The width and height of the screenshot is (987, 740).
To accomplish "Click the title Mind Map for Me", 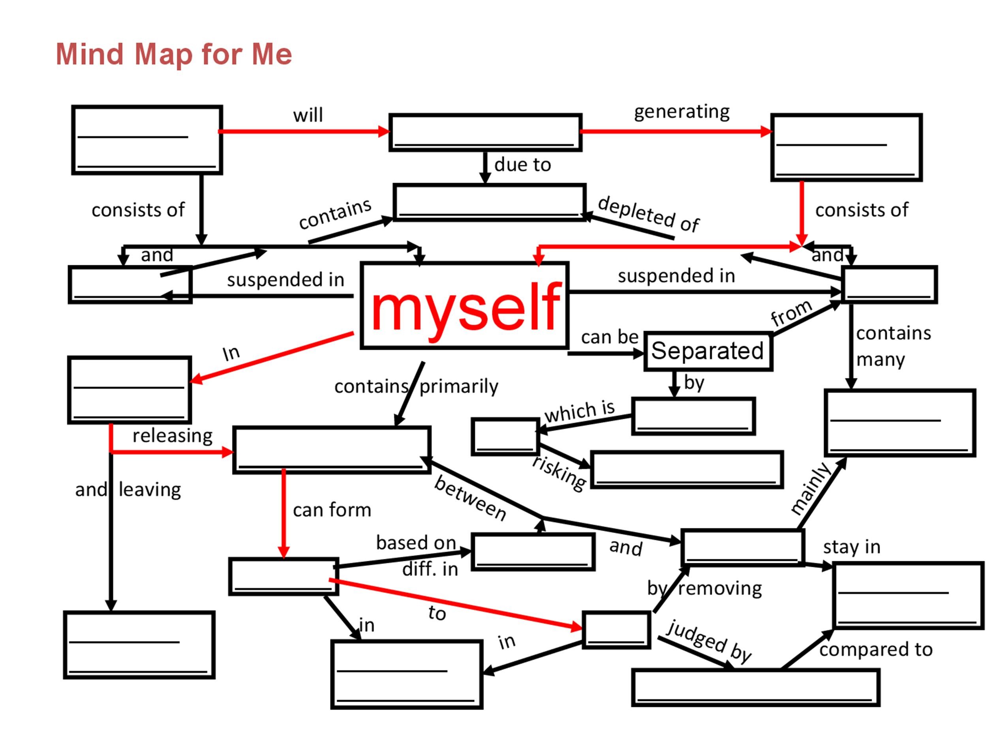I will coord(174,54).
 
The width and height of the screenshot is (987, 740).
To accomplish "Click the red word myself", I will coord(465,307).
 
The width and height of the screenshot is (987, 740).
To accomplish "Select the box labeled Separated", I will coord(707,350).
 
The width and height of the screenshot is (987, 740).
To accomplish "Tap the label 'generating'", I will coord(681,112).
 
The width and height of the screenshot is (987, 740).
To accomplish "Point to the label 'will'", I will coord(308,116).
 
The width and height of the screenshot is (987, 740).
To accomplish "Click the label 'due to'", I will coord(522,165).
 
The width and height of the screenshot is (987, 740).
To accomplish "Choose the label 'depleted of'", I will coord(648,214).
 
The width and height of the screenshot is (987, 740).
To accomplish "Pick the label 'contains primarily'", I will coord(416,386).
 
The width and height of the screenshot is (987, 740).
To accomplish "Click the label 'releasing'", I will coord(172,436).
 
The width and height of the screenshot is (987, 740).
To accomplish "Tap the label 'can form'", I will coord(332,510).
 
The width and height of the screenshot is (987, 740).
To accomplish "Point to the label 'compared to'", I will coord(875,650).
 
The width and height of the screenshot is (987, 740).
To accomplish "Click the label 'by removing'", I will coord(704,588).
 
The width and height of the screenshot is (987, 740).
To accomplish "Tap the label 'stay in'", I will coord(851,547).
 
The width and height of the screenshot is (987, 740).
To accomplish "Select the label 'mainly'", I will coord(810,489).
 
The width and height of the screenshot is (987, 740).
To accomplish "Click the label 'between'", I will coord(470,498).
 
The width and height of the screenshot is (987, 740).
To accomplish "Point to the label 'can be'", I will coord(609,337).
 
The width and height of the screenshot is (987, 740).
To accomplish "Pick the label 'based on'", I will coord(416,543).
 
